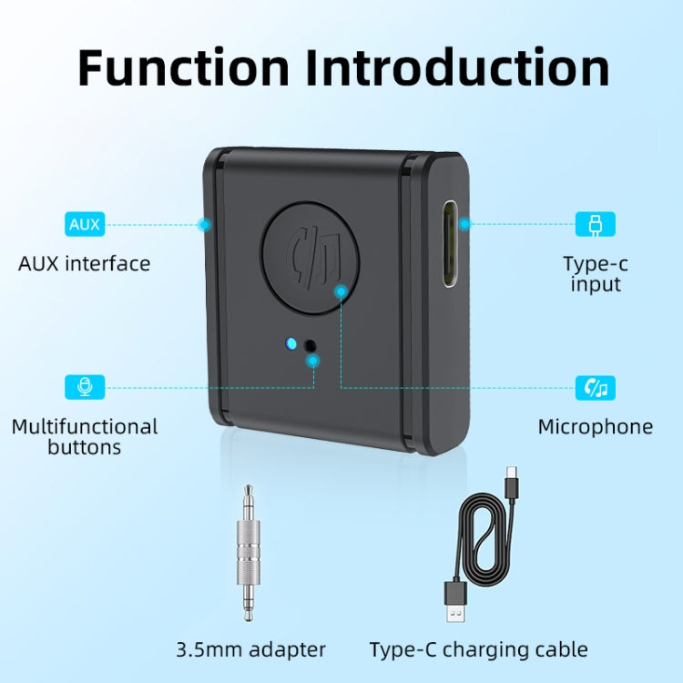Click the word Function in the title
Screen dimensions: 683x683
(183, 68)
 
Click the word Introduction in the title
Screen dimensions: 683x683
(457, 68)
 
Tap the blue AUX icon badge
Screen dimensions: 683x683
(85, 224)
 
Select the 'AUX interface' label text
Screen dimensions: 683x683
(85, 263)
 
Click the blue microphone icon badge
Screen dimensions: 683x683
(85, 387)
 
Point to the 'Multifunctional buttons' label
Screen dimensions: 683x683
(85, 437)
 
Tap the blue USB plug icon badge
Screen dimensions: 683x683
(596, 224)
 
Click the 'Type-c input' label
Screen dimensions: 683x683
(596, 274)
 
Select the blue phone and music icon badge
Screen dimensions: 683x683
(596, 387)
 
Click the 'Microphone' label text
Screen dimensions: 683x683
(596, 426)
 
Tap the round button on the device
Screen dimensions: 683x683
(310, 258)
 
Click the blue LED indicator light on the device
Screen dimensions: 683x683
(291, 343)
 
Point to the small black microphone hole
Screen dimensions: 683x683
(311, 346)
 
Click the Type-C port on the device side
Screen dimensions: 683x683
(452, 243)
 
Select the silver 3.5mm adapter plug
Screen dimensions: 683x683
(249, 553)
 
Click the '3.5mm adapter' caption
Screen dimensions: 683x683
(251, 649)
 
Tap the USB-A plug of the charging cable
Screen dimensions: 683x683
(455, 601)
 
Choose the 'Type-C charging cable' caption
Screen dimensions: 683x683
(479, 649)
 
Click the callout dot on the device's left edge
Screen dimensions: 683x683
(204, 225)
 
